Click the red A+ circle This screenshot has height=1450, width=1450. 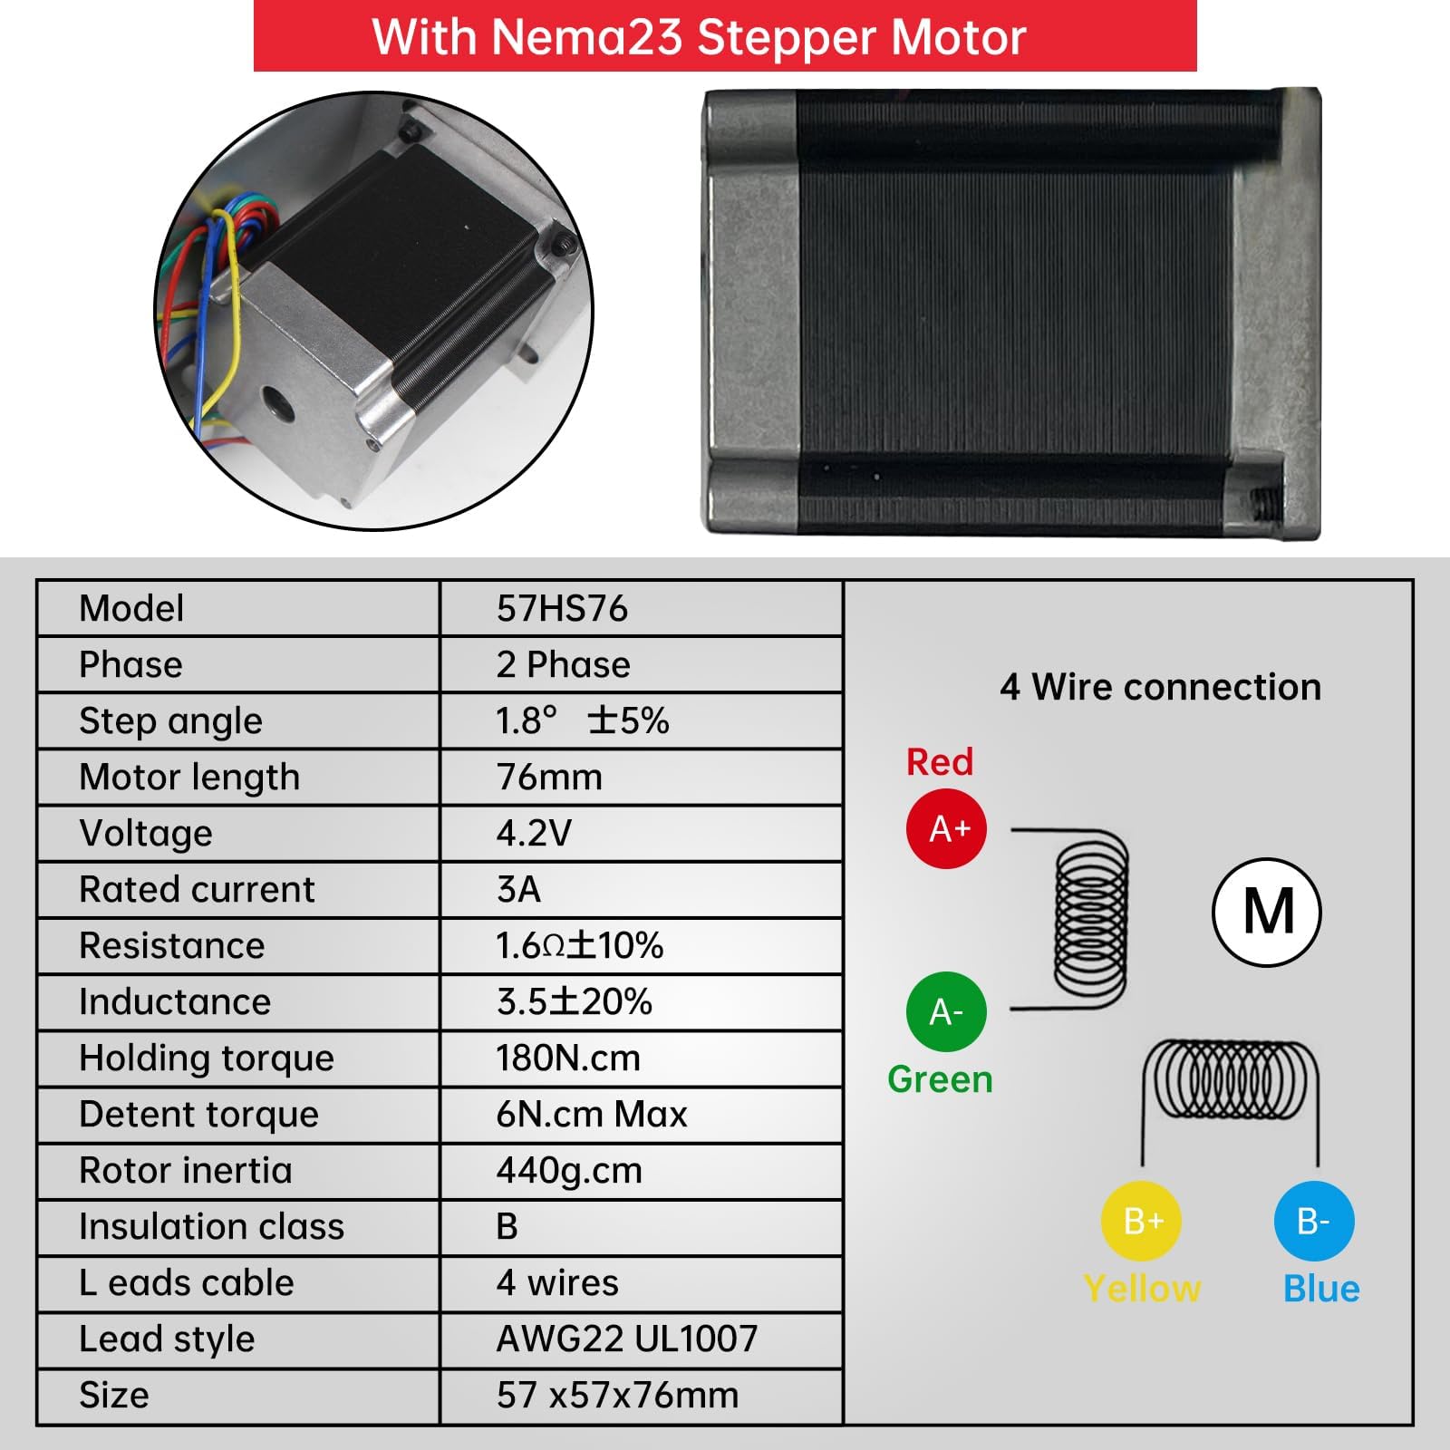tap(946, 828)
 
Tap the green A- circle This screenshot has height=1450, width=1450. tap(946, 1011)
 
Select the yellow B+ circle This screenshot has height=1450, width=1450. tap(1141, 1221)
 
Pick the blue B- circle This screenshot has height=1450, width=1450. tap(1314, 1221)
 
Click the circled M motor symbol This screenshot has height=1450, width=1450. tap(1267, 912)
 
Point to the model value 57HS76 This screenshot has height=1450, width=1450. tap(562, 608)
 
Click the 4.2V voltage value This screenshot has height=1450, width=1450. tap(534, 833)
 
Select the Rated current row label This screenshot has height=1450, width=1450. tap(197, 889)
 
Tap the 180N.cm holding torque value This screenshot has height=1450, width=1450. tap(568, 1058)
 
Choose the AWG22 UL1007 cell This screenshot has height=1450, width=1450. tap(627, 1339)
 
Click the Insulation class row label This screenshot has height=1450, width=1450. tap(211, 1226)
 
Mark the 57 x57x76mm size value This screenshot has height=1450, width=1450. tap(617, 1395)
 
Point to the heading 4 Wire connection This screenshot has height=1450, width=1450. tap(1160, 687)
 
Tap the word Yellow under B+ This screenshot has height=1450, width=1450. tap(1142, 1288)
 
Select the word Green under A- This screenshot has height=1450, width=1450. tap(940, 1078)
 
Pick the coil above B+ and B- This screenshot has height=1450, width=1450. tap(1229, 1078)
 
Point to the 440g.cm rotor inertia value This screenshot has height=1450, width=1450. tap(569, 1170)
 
